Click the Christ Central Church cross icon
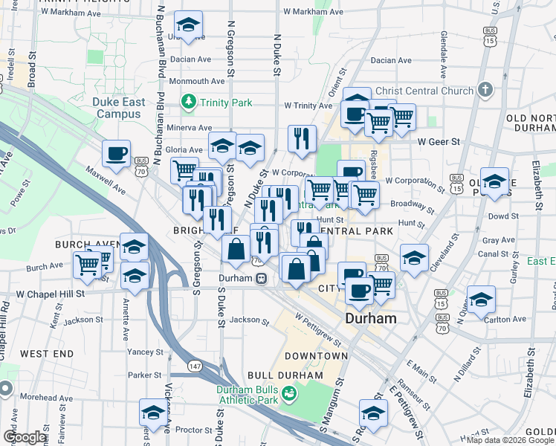[x=485, y=90]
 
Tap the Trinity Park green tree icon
[x=190, y=103]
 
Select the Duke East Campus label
[x=117, y=109]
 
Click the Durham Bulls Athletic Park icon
[x=290, y=392]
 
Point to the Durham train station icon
[x=262, y=279]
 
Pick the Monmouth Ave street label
[x=197, y=81]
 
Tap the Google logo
[x=25, y=436]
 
